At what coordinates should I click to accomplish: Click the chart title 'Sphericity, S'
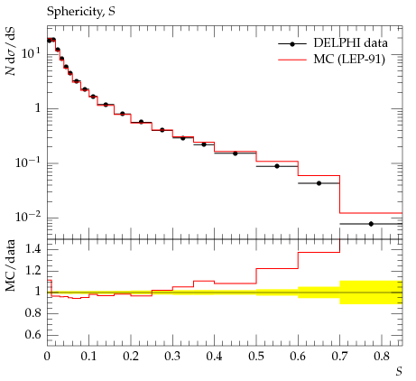coord(81,12)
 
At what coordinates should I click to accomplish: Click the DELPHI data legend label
coord(350,43)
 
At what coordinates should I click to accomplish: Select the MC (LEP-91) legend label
coord(349,60)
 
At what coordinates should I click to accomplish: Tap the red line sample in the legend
coord(292,60)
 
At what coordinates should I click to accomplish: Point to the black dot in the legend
coord(292,44)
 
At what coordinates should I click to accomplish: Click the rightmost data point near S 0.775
coord(371,224)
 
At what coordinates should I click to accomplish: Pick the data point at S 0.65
coord(319,183)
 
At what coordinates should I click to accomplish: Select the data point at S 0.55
coord(277,166)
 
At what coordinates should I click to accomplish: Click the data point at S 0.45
coord(236,153)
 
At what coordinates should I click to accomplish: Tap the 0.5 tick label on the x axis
coord(256,357)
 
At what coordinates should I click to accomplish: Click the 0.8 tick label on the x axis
coord(382,357)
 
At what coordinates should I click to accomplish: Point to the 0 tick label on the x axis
coord(47,357)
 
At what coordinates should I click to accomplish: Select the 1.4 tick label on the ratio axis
coord(33,249)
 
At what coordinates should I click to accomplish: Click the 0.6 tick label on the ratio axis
coord(33,335)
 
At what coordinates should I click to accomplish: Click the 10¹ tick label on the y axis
coord(31,53)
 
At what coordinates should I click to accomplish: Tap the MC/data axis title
coord(11,265)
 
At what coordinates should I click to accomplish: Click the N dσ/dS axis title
coord(11,51)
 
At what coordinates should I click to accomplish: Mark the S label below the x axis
coord(399,372)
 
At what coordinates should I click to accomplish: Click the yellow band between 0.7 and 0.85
coord(371,293)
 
